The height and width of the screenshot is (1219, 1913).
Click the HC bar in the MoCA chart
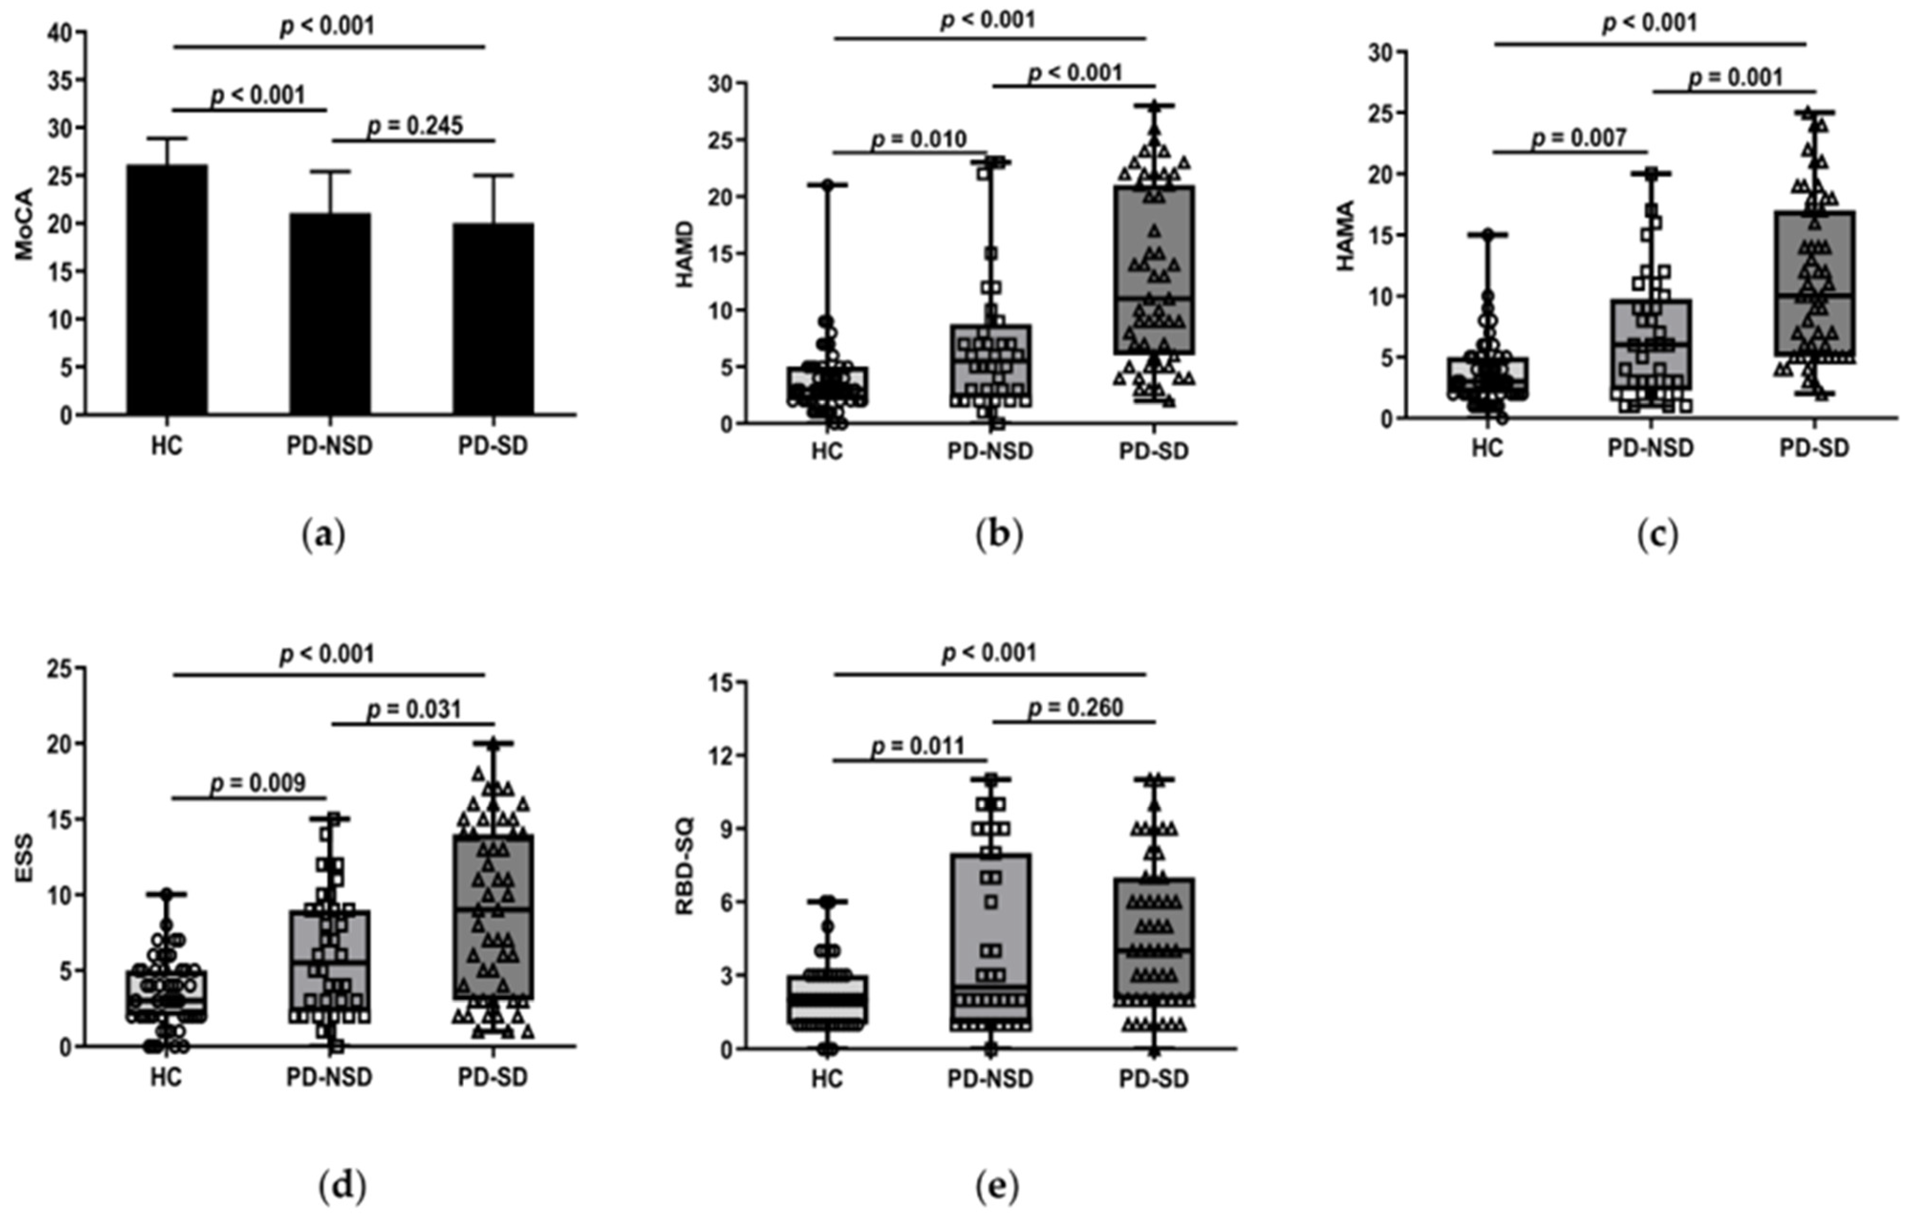(x=167, y=290)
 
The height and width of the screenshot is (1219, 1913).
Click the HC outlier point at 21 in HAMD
(x=827, y=185)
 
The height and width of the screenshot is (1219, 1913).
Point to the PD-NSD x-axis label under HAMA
(x=1651, y=448)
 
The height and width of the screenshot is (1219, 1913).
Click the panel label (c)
(x=1658, y=536)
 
